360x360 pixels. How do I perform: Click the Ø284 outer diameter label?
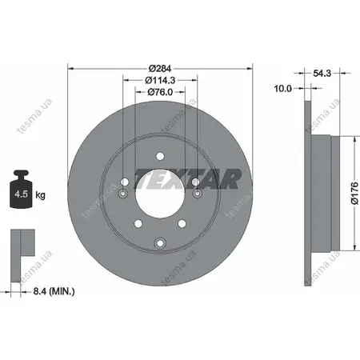160,69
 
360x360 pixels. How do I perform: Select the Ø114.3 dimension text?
160,80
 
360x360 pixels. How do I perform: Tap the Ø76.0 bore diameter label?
160,92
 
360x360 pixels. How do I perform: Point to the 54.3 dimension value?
322,73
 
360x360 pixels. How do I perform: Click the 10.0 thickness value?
283,88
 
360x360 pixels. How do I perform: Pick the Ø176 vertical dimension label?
354,193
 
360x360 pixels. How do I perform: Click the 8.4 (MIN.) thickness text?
54,291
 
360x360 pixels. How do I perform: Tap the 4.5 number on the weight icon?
21,194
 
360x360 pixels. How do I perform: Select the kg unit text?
40,195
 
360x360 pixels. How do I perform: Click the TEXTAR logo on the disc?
188,178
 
